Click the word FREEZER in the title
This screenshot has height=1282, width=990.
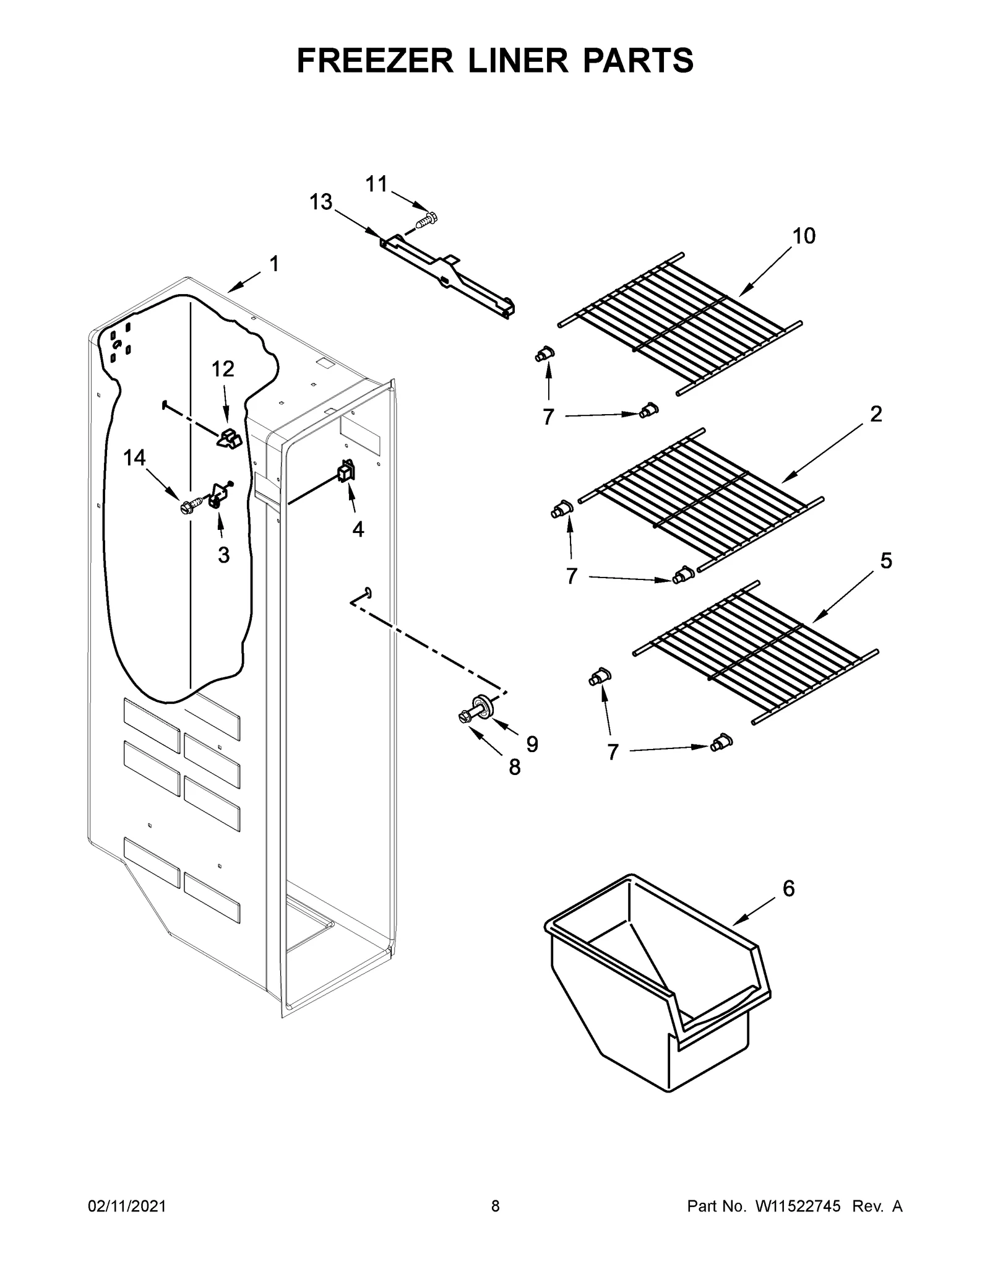click(376, 60)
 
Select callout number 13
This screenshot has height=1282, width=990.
click(321, 202)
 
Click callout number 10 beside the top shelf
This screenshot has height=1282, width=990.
click(804, 236)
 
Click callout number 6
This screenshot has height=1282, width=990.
click(788, 888)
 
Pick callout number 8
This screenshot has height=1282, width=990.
click(514, 768)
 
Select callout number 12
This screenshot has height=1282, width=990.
click(223, 369)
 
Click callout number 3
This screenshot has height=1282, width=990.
click(223, 555)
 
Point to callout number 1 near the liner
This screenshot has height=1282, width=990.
click(274, 264)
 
